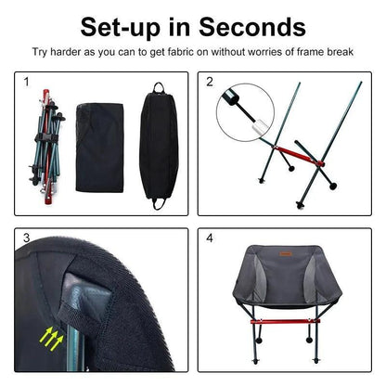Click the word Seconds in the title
click(252, 27)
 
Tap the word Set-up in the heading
click(121, 28)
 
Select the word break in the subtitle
click(341, 52)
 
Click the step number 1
click(27, 82)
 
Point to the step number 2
click(210, 82)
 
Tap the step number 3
click(27, 238)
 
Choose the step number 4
click(210, 238)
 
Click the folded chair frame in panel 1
click(46, 147)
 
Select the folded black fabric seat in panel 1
click(99, 148)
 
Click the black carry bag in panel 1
click(159, 147)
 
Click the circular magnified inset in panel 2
click(245, 112)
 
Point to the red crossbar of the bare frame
click(299, 156)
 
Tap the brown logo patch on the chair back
click(286, 254)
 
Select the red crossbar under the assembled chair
click(285, 322)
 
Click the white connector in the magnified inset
click(260, 127)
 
